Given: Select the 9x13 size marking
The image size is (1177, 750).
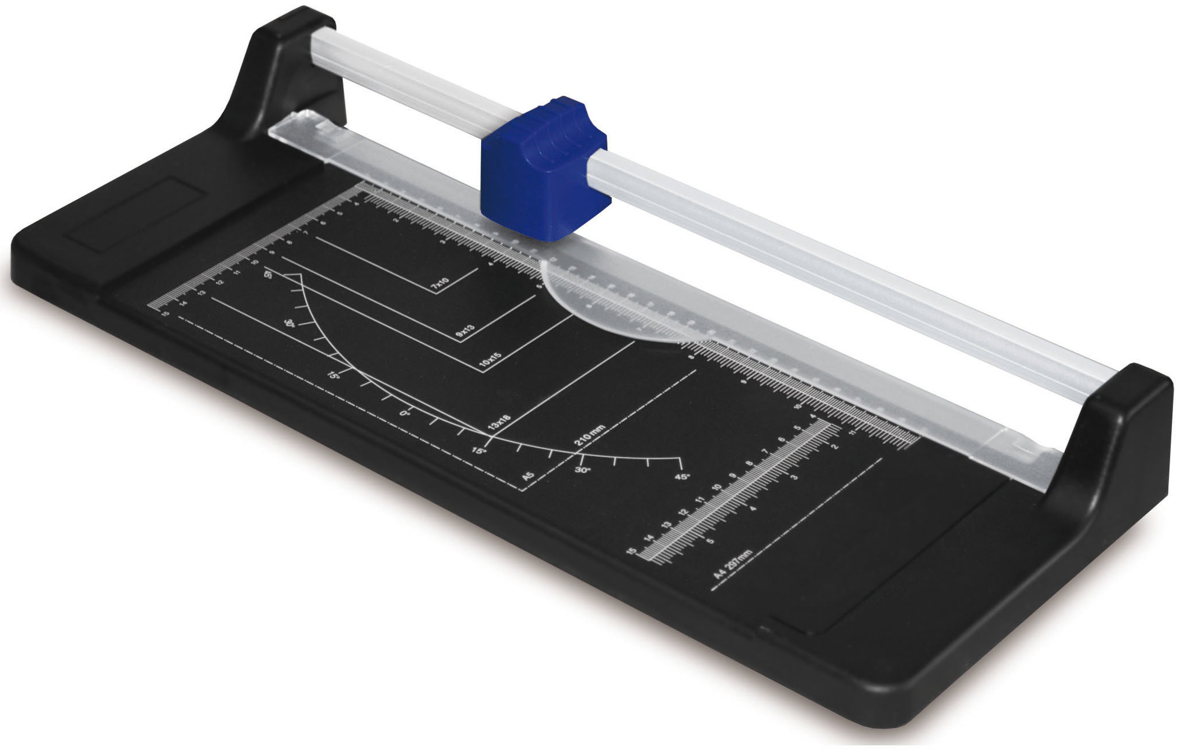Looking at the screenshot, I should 465,331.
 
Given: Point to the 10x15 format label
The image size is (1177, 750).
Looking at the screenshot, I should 491,361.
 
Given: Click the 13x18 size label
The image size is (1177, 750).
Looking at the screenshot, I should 499,422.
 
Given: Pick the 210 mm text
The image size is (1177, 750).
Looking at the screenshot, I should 589,436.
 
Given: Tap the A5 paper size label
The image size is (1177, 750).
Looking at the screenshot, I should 527,476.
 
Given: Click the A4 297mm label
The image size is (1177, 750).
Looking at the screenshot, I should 733,564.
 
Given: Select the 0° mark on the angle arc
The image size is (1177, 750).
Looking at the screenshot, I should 405,413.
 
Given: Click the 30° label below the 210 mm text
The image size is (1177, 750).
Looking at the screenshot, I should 582,470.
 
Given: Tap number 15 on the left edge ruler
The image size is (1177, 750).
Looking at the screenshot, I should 166,313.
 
